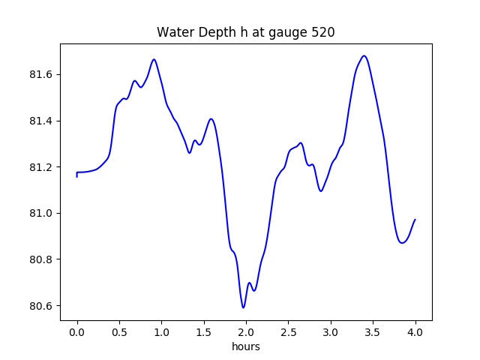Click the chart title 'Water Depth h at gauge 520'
click(246, 33)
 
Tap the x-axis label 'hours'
click(246, 346)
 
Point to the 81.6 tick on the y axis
click(43, 75)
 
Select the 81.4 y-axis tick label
click(43, 121)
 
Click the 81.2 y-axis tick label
click(43, 167)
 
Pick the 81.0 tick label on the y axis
click(43, 214)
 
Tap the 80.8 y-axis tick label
click(43, 259)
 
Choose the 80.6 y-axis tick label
click(43, 306)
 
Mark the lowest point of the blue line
click(244, 307)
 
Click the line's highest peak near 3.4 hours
click(364, 55)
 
